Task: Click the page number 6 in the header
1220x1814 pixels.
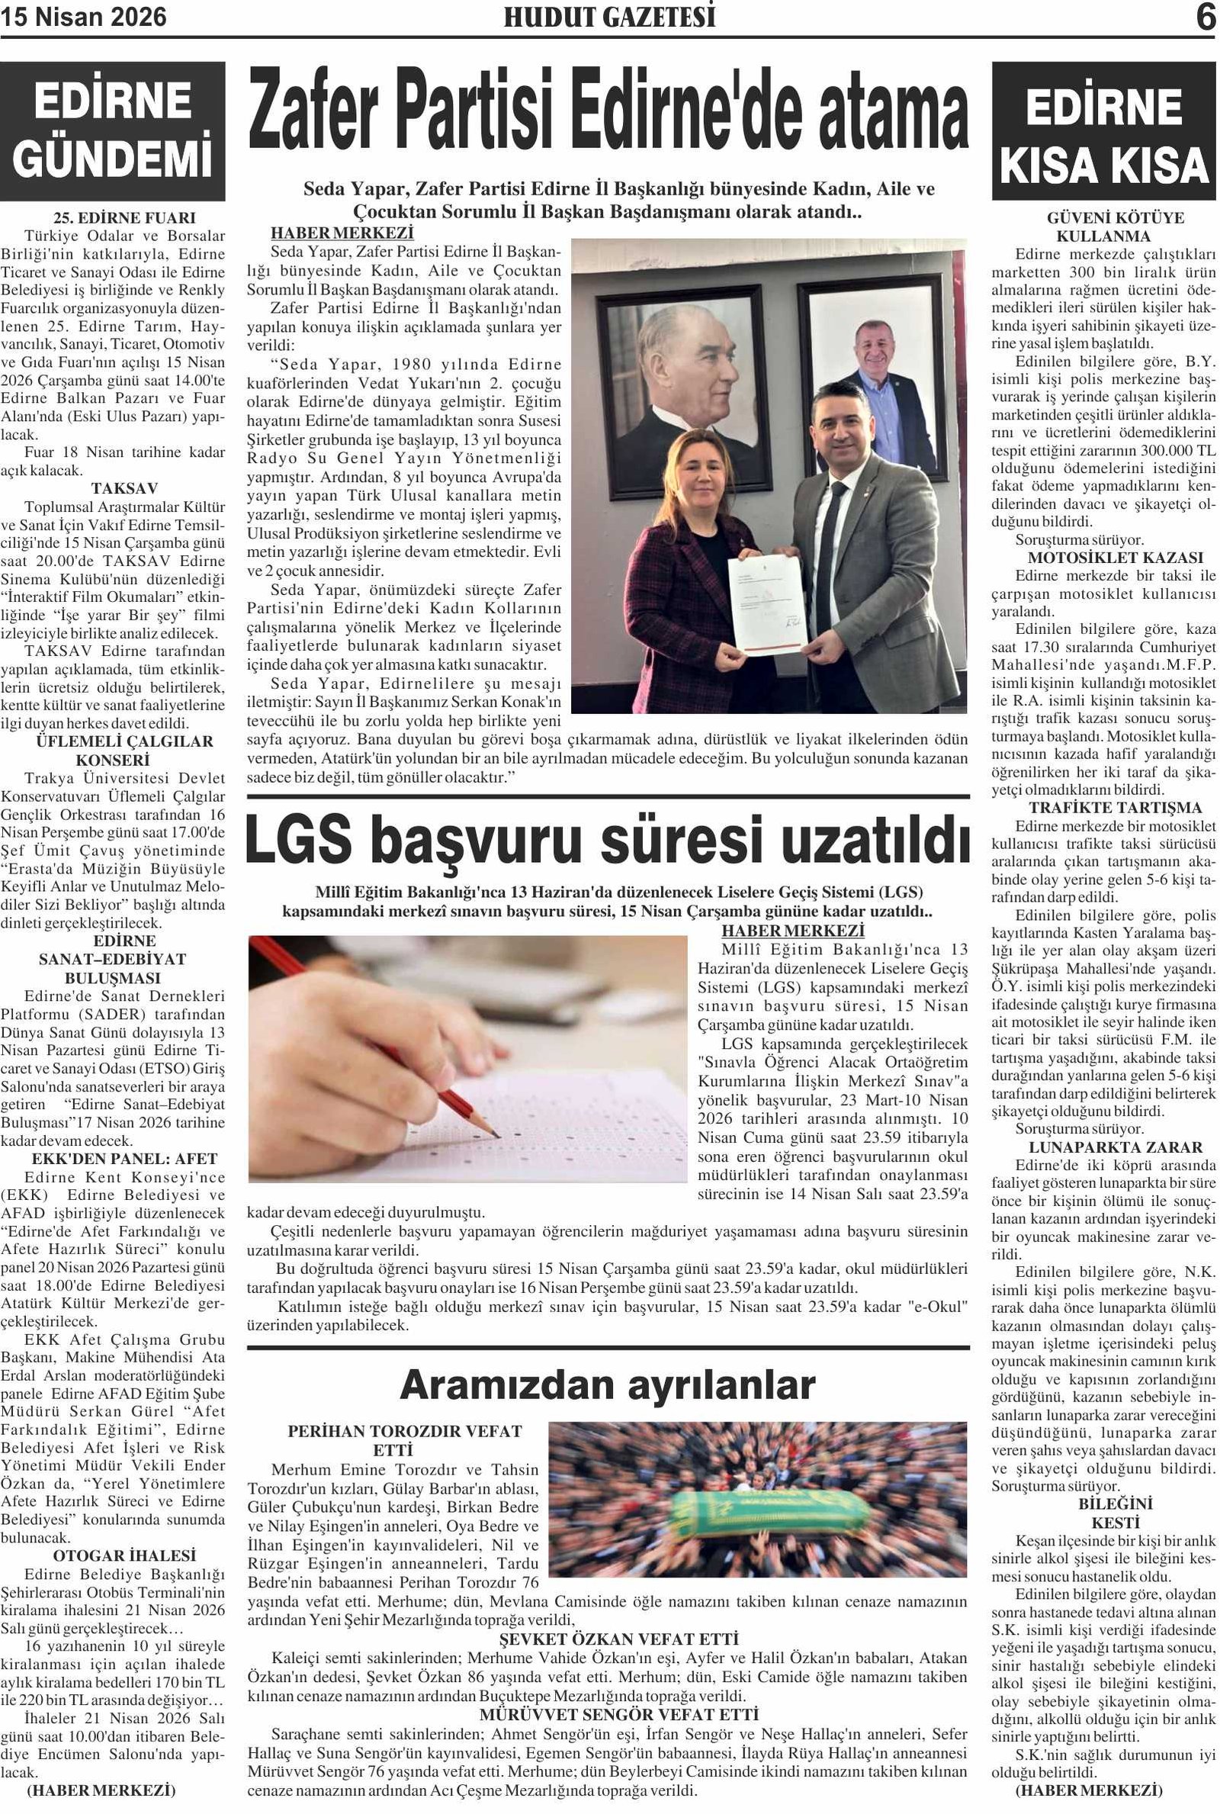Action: pos(1206,17)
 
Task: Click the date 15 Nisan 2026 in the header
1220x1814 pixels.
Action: pos(83,17)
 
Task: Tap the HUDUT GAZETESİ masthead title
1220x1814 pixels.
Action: pos(609,17)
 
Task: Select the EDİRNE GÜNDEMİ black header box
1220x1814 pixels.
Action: pos(113,131)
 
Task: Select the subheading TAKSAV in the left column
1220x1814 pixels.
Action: pos(124,489)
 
